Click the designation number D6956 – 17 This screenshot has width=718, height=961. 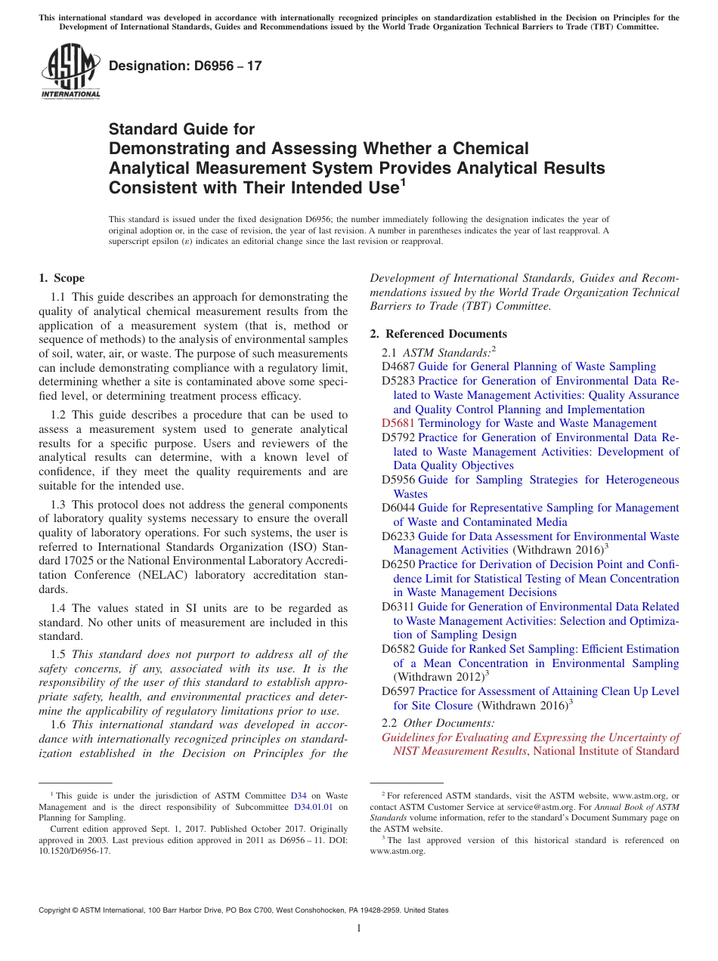point(185,66)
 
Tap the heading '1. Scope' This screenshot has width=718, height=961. point(62,278)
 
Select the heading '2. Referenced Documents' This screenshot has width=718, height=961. point(438,334)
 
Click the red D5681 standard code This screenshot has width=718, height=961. point(398,423)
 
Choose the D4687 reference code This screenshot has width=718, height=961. point(398,366)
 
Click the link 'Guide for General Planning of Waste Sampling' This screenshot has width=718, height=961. point(537,366)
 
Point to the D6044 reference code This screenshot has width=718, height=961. point(398,508)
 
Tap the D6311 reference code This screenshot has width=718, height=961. point(398,607)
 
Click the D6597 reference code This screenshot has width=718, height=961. point(398,691)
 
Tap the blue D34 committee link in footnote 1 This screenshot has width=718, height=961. point(299,796)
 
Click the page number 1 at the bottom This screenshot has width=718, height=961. point(359,929)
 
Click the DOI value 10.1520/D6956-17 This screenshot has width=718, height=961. point(74,850)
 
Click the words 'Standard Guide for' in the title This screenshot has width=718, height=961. point(182,129)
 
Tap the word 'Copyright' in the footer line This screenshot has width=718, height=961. point(57,910)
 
